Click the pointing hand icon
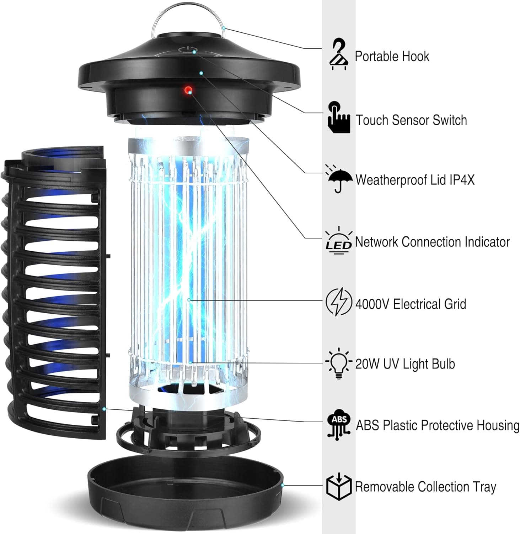[338, 117]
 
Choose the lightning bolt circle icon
[339, 302]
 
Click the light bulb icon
[339, 363]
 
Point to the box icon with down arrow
[339, 486]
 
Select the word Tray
[484, 487]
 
